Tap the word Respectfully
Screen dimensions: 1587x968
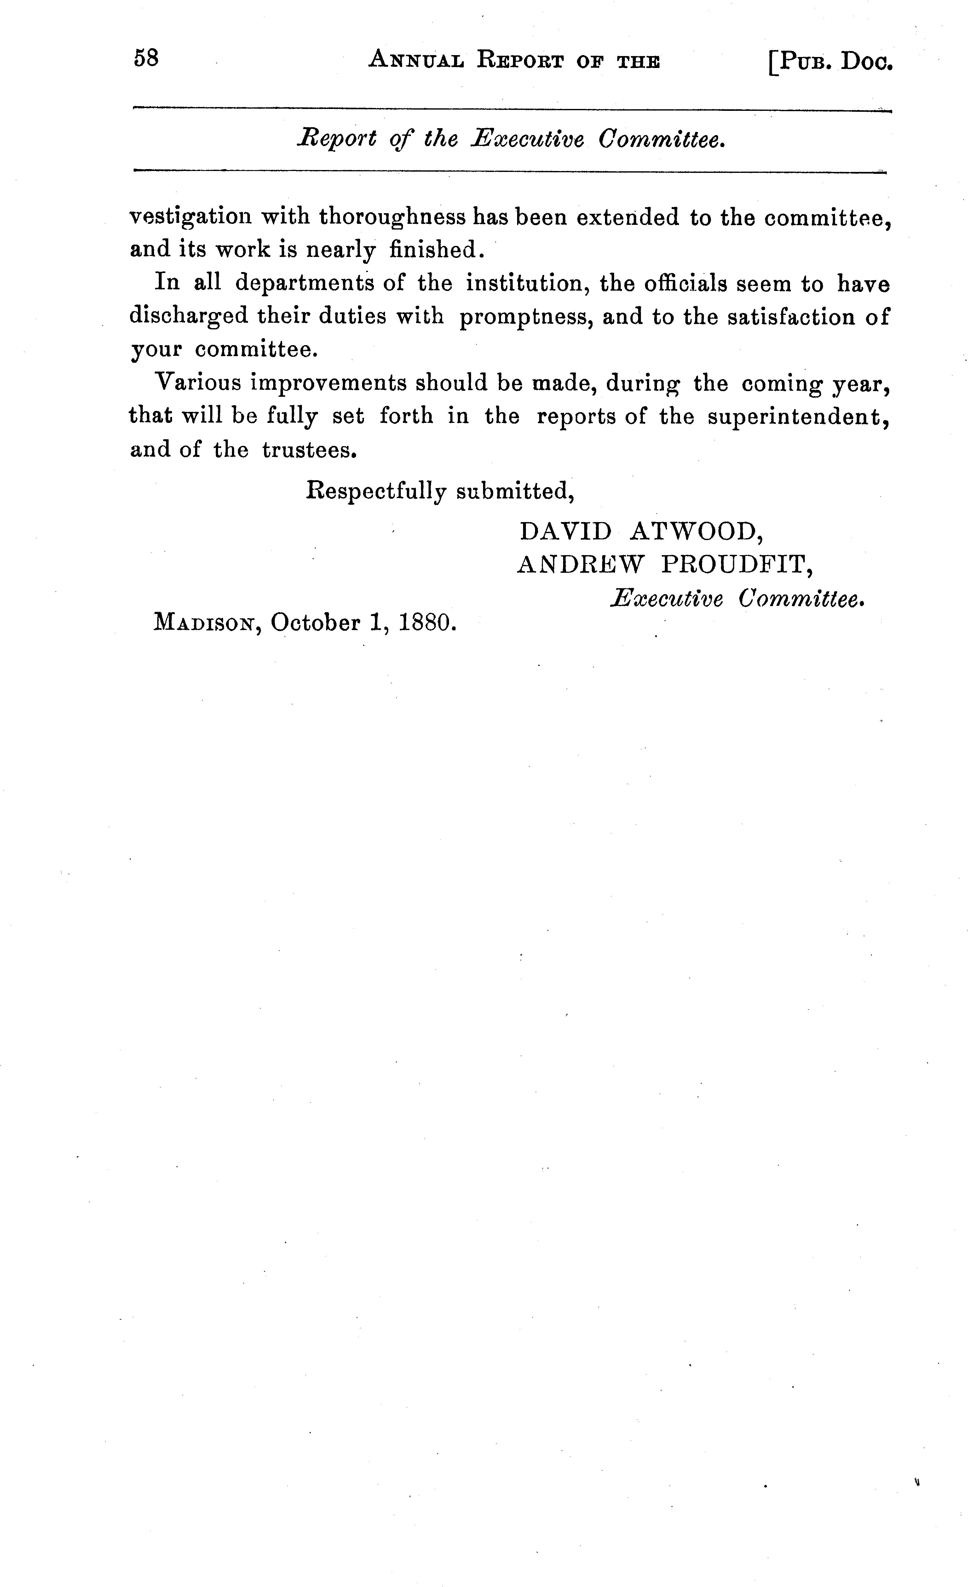(376, 492)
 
